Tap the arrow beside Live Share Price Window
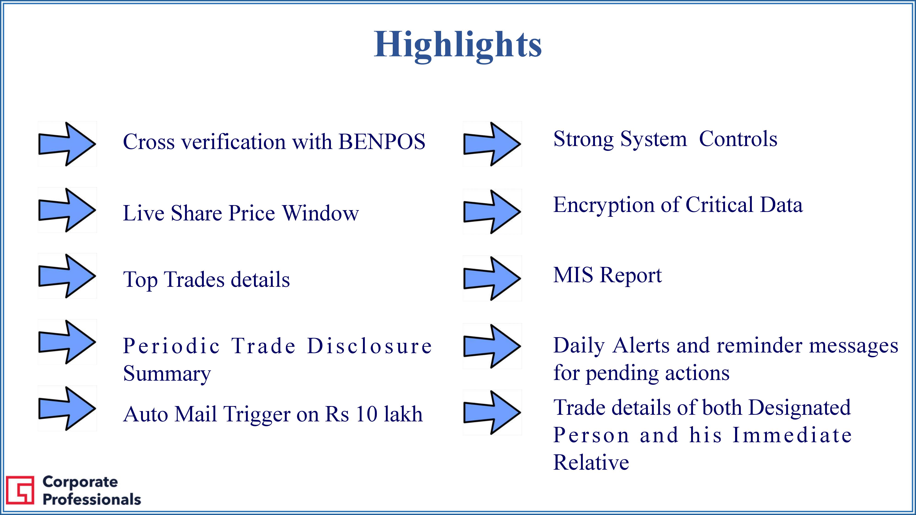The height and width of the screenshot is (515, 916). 67,210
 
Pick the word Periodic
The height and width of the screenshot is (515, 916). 171,346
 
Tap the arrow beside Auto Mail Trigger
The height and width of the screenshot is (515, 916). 67,409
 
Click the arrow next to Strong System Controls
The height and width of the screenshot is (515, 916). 492,144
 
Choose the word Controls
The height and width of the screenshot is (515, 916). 738,139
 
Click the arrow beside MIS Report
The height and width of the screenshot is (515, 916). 492,279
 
